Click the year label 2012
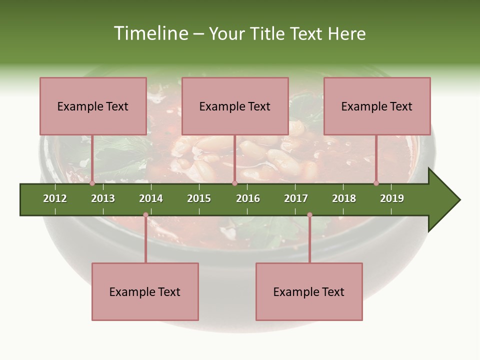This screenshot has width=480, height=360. (55, 198)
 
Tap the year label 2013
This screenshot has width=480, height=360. (103, 198)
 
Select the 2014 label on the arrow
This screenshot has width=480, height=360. (151, 198)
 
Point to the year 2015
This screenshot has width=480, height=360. (199, 198)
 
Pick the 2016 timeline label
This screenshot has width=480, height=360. (248, 198)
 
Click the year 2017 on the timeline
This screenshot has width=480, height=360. (296, 198)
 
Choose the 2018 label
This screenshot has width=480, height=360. (344, 198)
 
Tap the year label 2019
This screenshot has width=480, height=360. (392, 198)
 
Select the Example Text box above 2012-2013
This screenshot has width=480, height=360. (93, 106)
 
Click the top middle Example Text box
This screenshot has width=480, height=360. (235, 106)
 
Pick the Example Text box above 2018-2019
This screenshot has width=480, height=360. (377, 106)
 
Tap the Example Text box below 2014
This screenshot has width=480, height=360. (145, 291)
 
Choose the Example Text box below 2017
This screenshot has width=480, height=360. (309, 291)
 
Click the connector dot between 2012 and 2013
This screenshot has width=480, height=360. (92, 183)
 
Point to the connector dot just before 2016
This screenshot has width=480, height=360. (234, 183)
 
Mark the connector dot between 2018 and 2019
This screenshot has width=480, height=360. (376, 183)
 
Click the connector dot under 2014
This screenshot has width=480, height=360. (145, 215)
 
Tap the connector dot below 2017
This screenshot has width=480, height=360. (309, 215)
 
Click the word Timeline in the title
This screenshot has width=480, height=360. (150, 33)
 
